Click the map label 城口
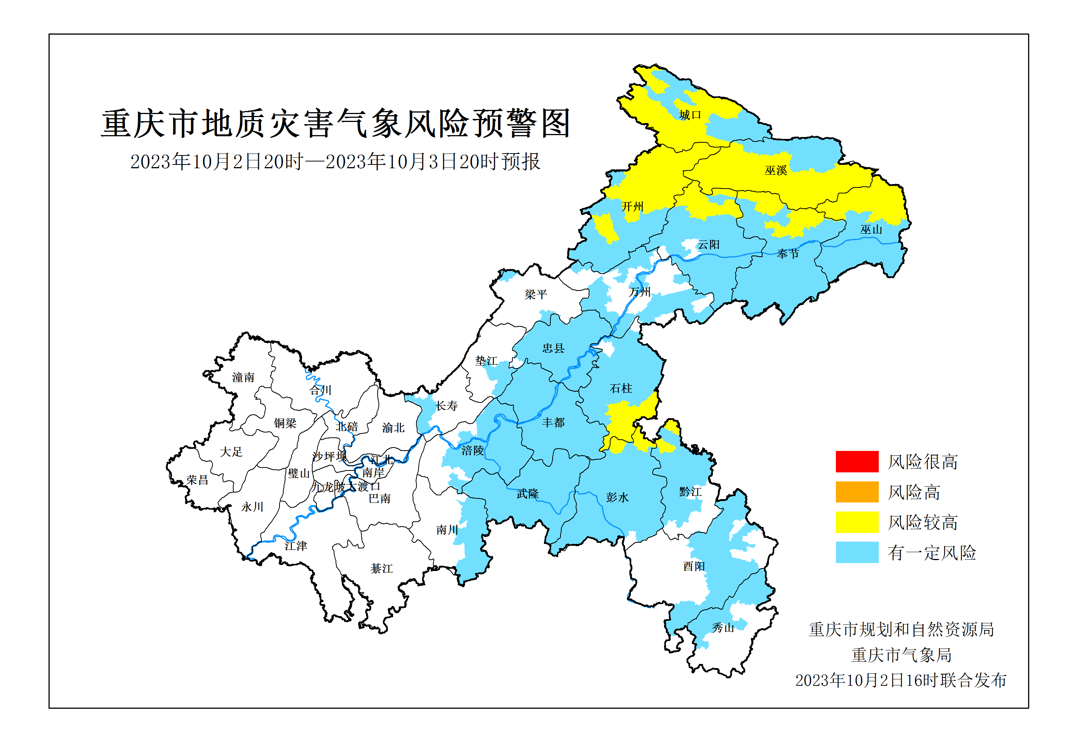tap(690, 115)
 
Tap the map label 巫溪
tap(776, 171)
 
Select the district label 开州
tap(632, 206)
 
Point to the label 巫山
tap(871, 230)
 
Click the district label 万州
tap(639, 292)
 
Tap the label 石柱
tap(621, 388)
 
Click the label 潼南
tap(243, 378)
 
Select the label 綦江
tap(381, 568)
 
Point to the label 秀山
tap(723, 628)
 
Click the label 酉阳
tap(694, 566)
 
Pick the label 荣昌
tap(197, 480)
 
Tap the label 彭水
tap(617, 498)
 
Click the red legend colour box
tap(857, 461)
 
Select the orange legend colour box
tap(857, 492)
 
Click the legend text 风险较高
tap(922, 522)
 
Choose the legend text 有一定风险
tap(931, 553)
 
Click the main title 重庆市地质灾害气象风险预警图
tap(336, 124)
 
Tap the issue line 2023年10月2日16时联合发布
tap(901, 681)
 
